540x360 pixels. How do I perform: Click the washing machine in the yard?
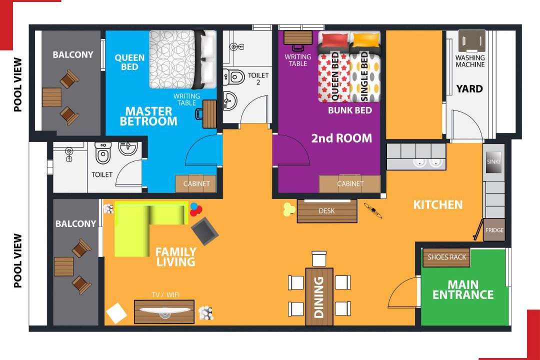pos(471,41)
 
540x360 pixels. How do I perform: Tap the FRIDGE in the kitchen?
pos(494,230)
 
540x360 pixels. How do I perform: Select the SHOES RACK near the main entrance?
pos(446,257)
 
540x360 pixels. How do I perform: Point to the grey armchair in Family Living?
pos(204,231)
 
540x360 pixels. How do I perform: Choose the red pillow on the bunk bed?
pos(333,39)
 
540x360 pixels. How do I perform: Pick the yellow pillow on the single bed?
pos(364,39)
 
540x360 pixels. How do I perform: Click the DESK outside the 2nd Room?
pos(327,211)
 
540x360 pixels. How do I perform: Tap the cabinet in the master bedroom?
pos(196,184)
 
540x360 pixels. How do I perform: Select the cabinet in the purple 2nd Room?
pos(350,184)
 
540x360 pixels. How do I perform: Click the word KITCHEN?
pos(437,205)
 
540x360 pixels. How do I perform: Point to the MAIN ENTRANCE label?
pos(463,289)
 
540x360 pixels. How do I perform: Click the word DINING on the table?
pos(319,297)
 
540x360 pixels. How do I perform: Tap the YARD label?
pos(469,89)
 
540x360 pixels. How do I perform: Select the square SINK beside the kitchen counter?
pos(493,161)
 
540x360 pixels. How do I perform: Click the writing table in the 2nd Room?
pos(298,37)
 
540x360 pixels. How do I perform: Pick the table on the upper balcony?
pos(51,97)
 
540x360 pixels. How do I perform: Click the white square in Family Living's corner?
pos(116,313)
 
